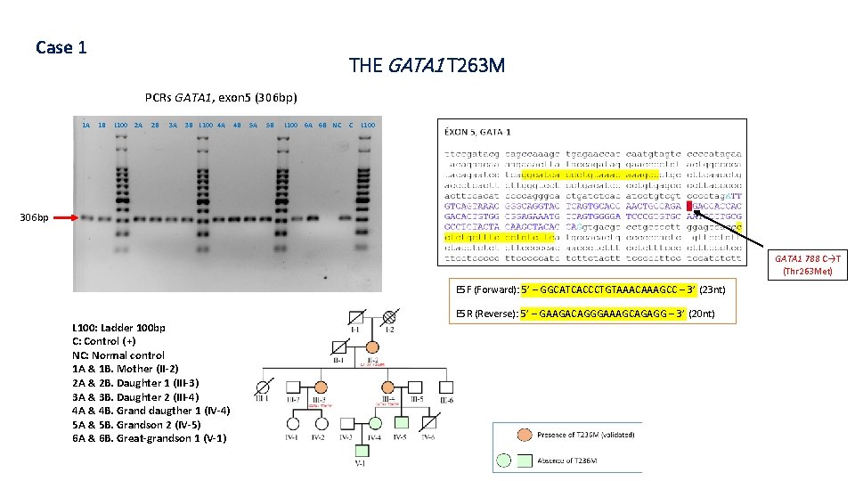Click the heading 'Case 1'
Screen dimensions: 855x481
61,47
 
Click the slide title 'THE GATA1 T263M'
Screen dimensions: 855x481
427,65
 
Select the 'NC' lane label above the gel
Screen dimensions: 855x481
337,125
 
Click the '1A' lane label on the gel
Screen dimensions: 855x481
86,125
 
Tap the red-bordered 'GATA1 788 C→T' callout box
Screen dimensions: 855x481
810,265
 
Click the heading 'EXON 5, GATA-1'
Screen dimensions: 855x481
477,132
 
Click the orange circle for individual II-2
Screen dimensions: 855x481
372,346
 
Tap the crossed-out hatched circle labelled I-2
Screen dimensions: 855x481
388,315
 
